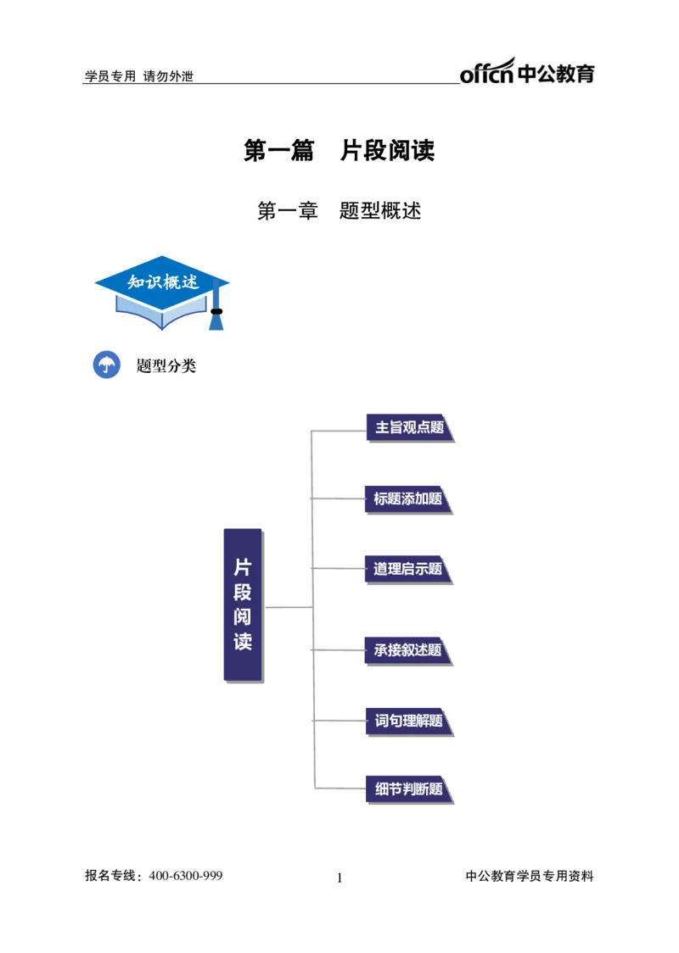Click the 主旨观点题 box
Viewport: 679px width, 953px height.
[x=407, y=427]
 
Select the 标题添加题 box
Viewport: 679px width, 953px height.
[x=407, y=499]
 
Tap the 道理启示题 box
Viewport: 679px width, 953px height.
[x=407, y=569]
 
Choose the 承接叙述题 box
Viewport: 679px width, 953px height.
[x=407, y=650]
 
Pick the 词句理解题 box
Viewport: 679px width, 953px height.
[x=407, y=722]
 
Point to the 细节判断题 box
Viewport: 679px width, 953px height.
[x=407, y=789]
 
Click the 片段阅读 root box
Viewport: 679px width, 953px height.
[x=242, y=604]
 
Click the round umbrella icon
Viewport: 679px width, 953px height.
[x=106, y=365]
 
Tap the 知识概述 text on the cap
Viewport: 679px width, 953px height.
[x=163, y=281]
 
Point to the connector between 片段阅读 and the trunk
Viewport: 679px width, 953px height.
[x=285, y=607]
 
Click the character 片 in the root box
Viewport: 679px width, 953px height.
[x=243, y=567]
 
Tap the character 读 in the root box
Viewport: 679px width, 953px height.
[x=243, y=641]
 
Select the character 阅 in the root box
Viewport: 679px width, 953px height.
[x=243, y=616]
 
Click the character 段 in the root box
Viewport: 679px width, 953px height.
[x=243, y=592]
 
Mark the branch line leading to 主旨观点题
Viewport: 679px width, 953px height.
[x=339, y=431]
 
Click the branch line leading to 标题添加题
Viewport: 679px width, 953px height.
[x=339, y=499]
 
